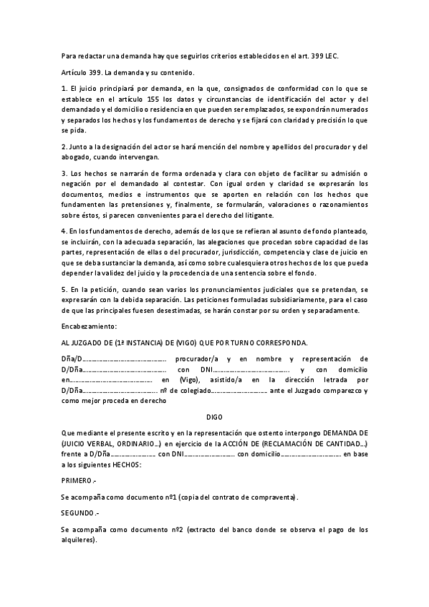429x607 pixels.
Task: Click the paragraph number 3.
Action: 64,174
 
